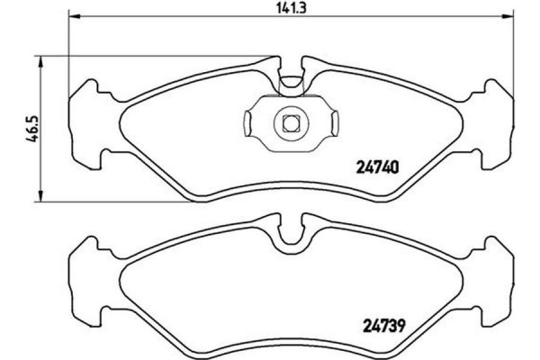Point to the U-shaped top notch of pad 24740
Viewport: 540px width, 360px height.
(291, 80)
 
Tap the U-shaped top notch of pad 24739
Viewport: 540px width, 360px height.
(291, 236)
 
